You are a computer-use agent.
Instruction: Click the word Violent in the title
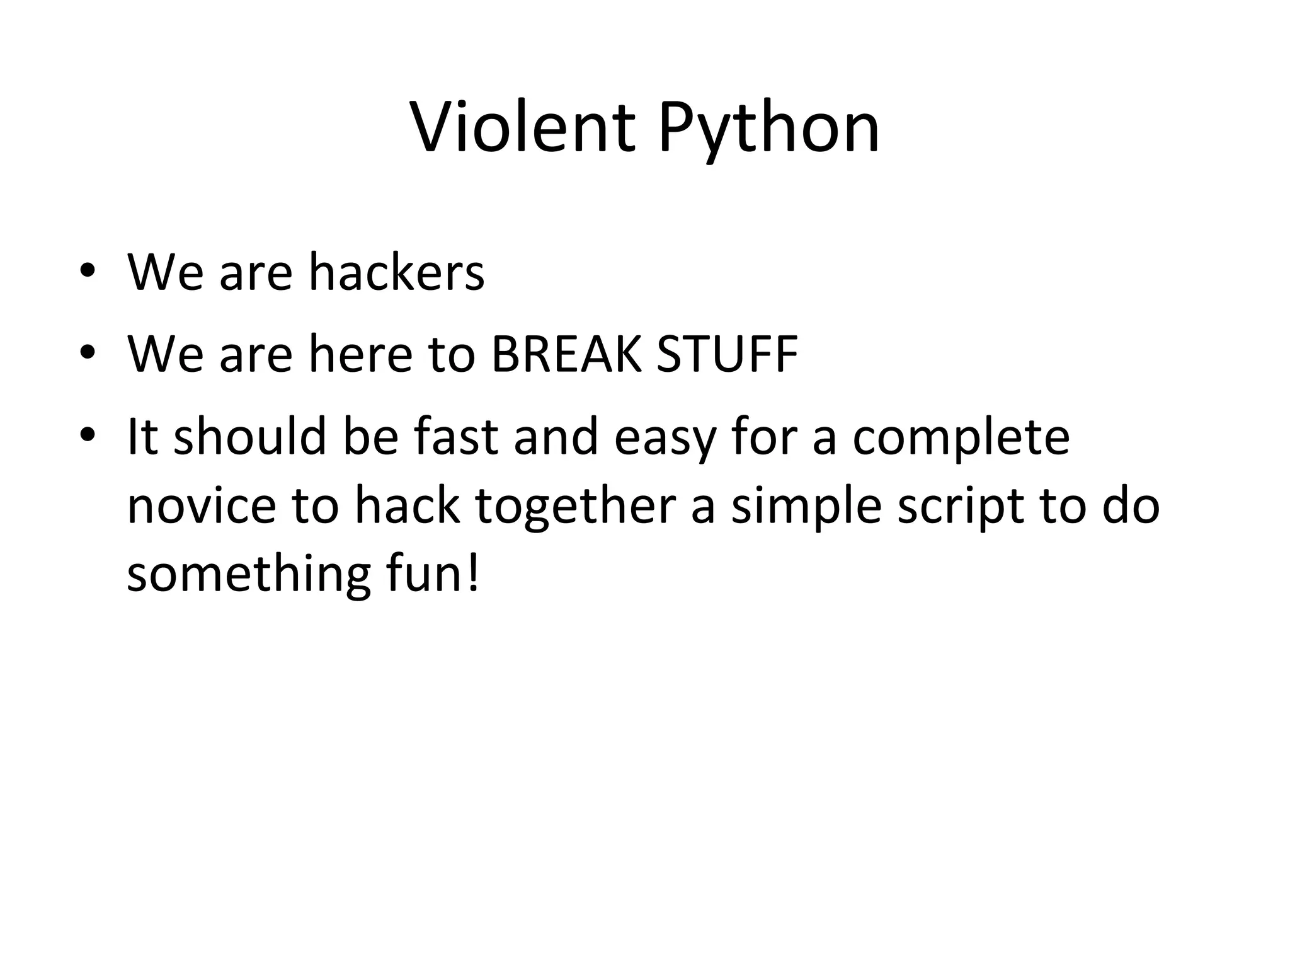pos(523,129)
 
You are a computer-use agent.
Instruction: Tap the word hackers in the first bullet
pos(396,272)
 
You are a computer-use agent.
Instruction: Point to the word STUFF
pos(728,354)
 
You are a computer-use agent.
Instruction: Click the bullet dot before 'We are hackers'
pos(88,272)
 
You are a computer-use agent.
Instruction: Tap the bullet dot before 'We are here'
pos(88,352)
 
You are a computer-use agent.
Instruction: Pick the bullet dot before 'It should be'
pos(88,434)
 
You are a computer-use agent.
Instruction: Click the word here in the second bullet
pos(360,354)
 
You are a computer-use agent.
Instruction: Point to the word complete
pos(961,439)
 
